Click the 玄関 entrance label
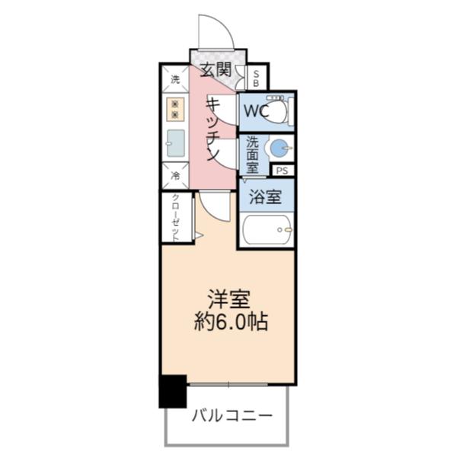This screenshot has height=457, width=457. [x=216, y=69]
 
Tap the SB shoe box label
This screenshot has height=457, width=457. [x=257, y=78]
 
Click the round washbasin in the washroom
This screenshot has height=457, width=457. [x=280, y=148]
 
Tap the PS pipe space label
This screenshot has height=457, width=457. [x=283, y=171]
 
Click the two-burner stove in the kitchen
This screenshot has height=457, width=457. [x=175, y=109]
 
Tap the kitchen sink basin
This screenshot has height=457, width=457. [x=175, y=142]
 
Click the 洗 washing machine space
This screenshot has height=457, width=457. [x=175, y=79]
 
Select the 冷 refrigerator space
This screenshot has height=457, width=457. [x=175, y=176]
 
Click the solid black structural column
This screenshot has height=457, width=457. [x=172, y=391]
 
